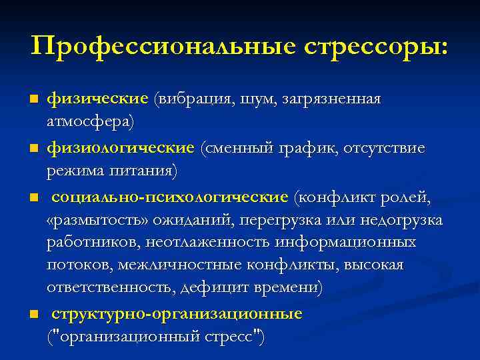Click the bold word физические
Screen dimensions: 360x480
(x=97, y=99)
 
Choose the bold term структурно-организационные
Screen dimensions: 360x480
(x=177, y=314)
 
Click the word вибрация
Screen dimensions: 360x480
(x=194, y=99)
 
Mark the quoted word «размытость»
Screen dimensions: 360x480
(x=98, y=221)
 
